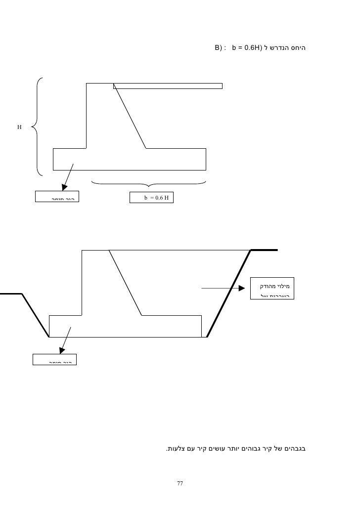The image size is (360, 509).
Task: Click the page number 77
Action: [180, 483]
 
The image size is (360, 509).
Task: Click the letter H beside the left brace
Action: [19, 127]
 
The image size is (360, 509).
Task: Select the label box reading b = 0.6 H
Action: [152, 198]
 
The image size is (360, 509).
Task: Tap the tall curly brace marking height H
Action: [37, 127]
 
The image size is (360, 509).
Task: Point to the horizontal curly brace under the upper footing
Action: [148, 183]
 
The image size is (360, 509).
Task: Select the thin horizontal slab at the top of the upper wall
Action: [168, 85]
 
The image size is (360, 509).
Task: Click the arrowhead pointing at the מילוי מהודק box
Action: [241, 288]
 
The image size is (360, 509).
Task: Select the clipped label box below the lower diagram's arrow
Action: [55, 359]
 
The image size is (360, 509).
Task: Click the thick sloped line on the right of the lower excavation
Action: [228, 294]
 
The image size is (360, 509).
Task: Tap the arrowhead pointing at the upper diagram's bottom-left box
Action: [63, 187]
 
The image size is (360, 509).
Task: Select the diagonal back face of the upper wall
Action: [130, 117]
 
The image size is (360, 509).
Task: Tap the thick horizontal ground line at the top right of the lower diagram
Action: [265, 250]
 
